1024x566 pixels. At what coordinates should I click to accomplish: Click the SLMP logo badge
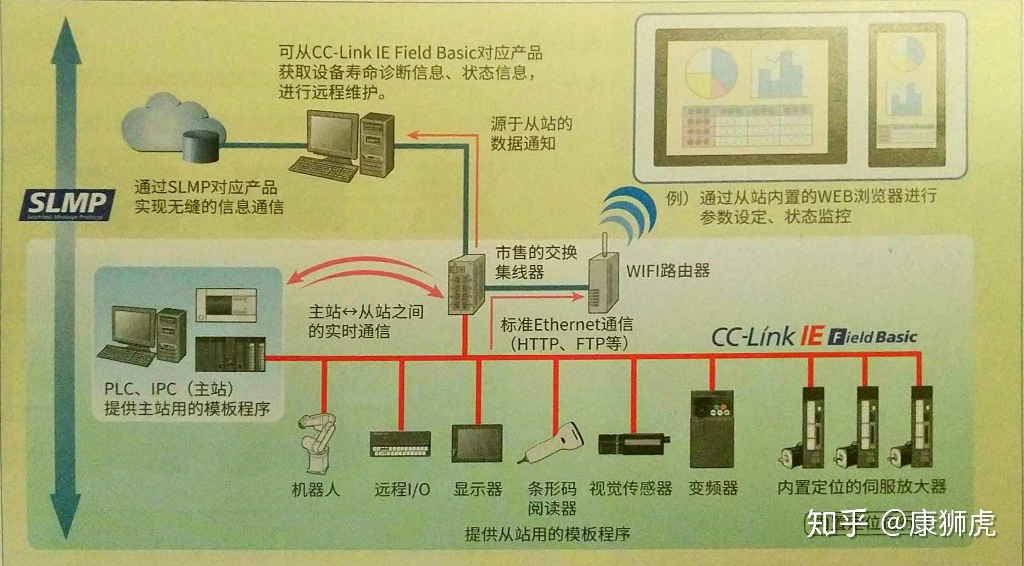tap(67, 204)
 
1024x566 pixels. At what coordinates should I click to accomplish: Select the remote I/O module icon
tap(400, 444)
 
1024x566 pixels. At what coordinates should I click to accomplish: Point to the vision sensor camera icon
tap(633, 443)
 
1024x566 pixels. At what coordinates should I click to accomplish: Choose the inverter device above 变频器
tap(712, 429)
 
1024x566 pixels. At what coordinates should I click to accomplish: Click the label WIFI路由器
tap(668, 271)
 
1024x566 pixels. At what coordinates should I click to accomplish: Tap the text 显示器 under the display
tap(478, 489)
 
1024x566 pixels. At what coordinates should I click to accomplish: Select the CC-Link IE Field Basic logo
tap(813, 337)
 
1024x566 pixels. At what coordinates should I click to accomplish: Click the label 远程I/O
tap(402, 489)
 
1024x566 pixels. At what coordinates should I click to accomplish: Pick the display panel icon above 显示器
tap(477, 443)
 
